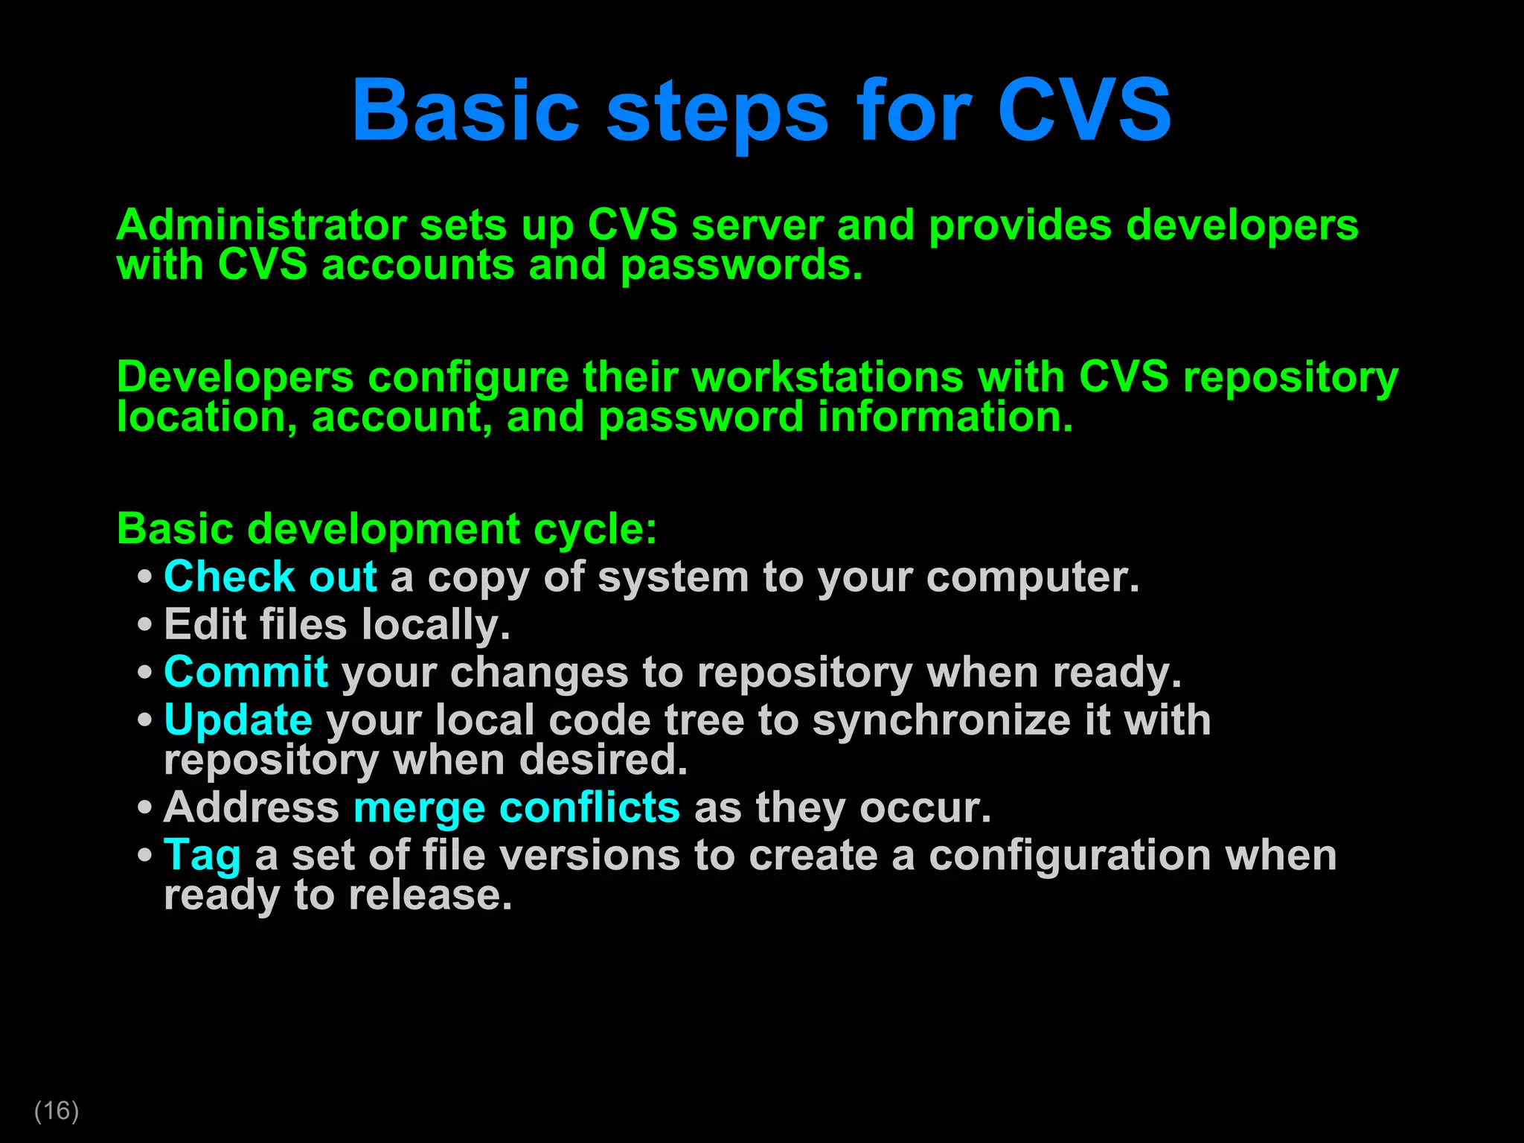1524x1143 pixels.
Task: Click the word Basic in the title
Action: pos(465,112)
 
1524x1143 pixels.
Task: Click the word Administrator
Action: pos(261,225)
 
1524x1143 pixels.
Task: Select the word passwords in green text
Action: pos(740,266)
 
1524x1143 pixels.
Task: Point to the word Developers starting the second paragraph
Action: pos(235,377)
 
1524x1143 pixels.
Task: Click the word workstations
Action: pos(827,377)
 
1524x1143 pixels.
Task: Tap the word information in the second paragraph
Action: pos(944,417)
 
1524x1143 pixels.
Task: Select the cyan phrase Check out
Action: pos(270,577)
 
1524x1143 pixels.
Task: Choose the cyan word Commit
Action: pos(246,672)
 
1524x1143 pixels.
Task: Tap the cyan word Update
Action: pos(238,721)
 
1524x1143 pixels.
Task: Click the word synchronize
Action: pos(941,721)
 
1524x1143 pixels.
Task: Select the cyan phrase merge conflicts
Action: pos(516,808)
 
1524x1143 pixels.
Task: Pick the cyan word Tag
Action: pos(202,856)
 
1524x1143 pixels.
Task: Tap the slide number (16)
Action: pos(57,1110)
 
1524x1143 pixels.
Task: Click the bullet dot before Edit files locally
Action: pos(145,625)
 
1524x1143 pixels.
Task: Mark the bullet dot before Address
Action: pos(145,808)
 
